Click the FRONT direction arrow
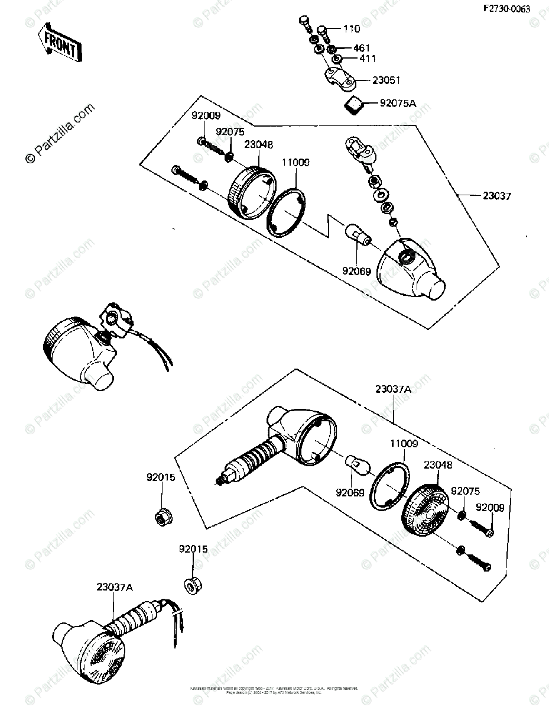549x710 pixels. coord(59,45)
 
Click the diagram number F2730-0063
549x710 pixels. coord(506,9)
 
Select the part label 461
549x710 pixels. coord(361,48)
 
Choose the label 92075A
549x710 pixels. coord(397,104)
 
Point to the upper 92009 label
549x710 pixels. coord(205,116)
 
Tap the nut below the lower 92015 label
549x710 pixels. coord(190,586)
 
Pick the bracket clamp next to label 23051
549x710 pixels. coord(340,77)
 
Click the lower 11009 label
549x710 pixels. coord(403,443)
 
